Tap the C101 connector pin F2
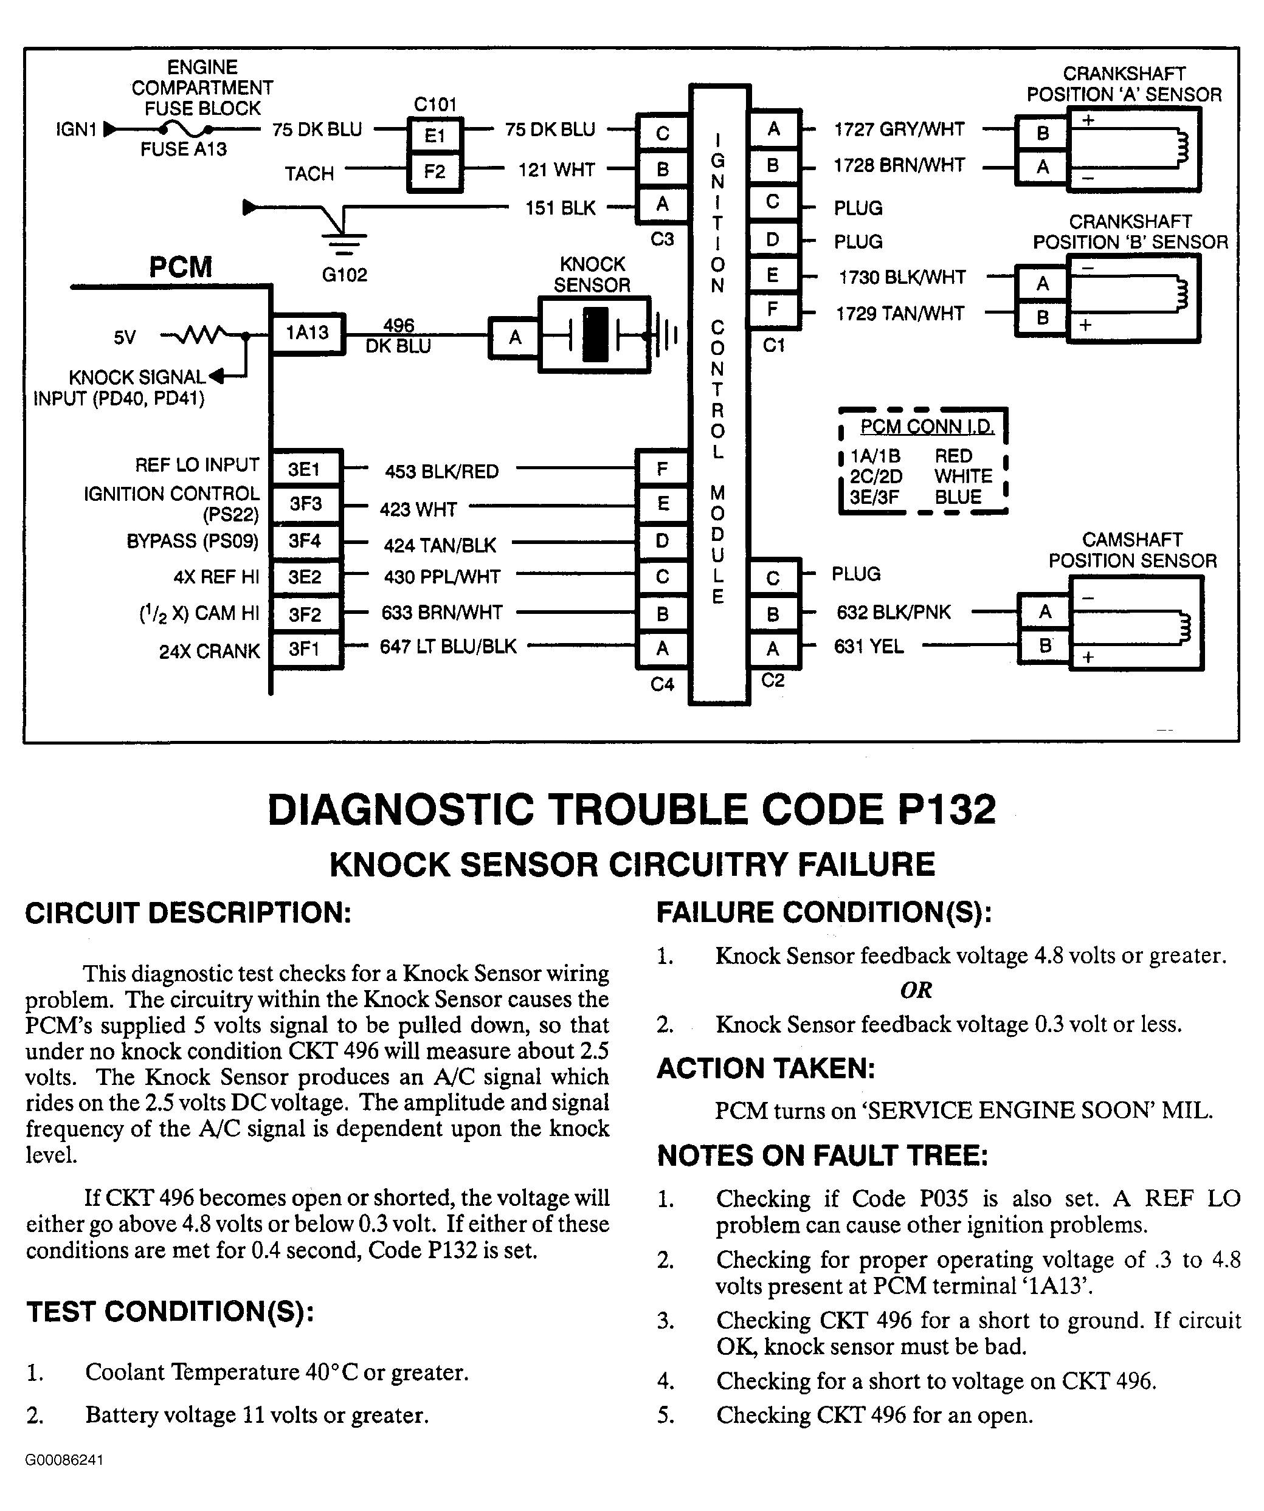435,172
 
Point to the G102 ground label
344,275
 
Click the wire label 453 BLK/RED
441,471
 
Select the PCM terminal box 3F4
305,540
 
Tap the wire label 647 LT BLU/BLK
447,646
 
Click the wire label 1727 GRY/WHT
899,129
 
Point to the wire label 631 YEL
868,646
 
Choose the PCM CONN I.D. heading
927,427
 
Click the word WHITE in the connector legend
963,477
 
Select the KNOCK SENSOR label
592,275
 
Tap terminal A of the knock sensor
515,337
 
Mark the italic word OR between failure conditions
916,990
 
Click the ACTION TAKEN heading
765,1069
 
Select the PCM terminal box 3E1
304,469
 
